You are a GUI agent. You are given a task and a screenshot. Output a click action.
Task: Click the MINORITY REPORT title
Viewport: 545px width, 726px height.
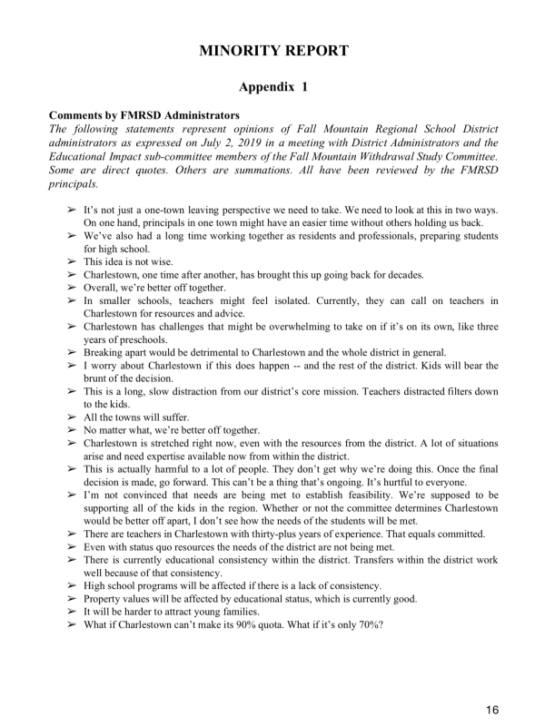272,50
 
